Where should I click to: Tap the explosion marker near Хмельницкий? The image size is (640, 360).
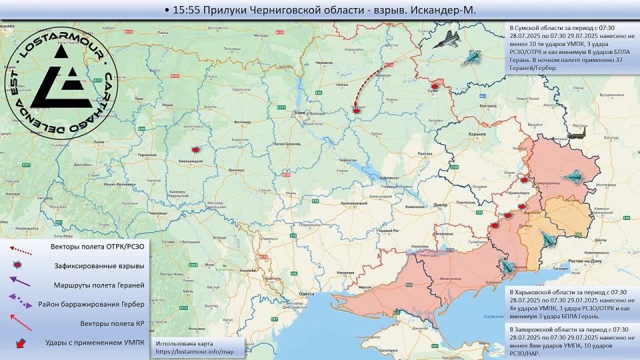[195, 150]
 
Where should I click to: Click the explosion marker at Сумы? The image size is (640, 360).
[435, 86]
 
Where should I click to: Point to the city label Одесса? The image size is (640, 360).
[306, 293]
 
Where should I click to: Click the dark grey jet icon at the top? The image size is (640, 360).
[446, 41]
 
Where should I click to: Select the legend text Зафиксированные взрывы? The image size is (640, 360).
[99, 265]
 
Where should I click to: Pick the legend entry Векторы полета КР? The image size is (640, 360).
[110, 323]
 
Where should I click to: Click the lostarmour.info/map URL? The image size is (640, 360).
[195, 351]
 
